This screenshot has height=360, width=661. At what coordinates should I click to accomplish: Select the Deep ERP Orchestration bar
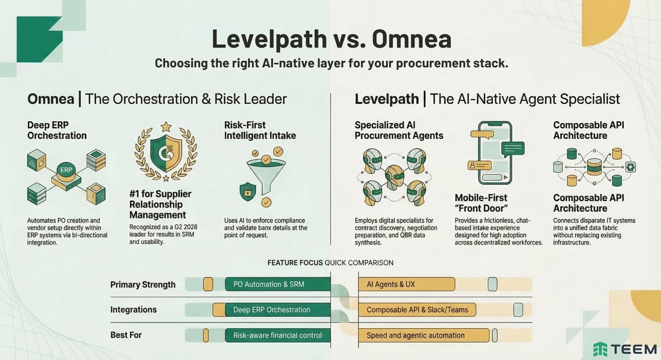click(x=271, y=310)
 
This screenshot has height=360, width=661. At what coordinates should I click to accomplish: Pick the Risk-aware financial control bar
click(x=278, y=335)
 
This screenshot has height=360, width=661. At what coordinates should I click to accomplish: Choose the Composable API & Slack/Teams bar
click(x=417, y=310)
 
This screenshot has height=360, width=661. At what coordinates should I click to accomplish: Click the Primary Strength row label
click(x=143, y=285)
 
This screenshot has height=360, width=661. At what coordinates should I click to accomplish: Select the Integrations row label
click(x=133, y=310)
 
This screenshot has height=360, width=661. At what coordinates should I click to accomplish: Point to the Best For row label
click(x=126, y=335)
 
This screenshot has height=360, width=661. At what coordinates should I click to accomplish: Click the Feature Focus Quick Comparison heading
click(x=330, y=263)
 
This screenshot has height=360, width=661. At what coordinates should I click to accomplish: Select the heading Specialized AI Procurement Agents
click(x=399, y=130)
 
